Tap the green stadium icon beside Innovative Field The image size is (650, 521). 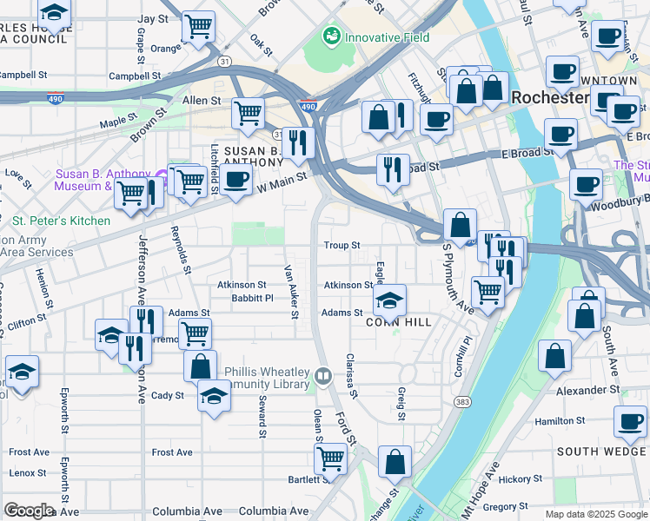tap(331, 36)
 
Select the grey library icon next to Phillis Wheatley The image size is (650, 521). tap(322, 376)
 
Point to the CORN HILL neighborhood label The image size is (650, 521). tap(398, 322)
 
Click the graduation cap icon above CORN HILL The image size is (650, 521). tap(390, 300)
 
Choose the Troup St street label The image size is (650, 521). tap(342, 246)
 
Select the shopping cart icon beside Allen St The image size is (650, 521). tap(249, 113)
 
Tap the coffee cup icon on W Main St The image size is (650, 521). tap(235, 179)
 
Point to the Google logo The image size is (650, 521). tap(29, 510)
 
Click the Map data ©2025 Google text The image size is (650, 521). tap(596, 514)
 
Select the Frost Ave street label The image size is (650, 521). tap(172, 452)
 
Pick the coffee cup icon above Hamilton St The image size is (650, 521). tap(629, 422)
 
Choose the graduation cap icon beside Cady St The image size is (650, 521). tap(211, 397)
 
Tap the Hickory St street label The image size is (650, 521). tap(521, 479)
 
